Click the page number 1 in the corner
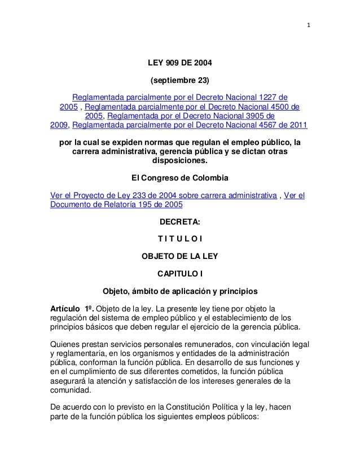coord(309,24)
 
